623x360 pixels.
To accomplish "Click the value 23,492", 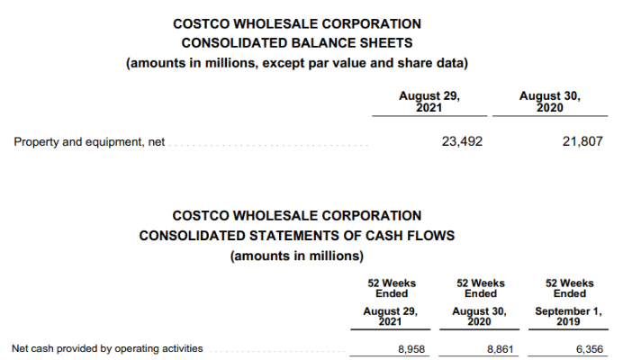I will (x=463, y=141).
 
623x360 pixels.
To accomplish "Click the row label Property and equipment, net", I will (x=89, y=142).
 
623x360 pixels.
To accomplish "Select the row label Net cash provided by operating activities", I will (x=107, y=348).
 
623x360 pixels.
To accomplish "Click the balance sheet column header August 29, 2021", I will (x=429, y=102).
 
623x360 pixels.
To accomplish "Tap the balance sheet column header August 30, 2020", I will (x=550, y=102).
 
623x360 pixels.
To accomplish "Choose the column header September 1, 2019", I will (x=569, y=317).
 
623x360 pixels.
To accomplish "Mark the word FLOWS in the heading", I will (x=429, y=236).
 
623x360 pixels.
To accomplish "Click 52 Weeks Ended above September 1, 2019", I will (x=569, y=288).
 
